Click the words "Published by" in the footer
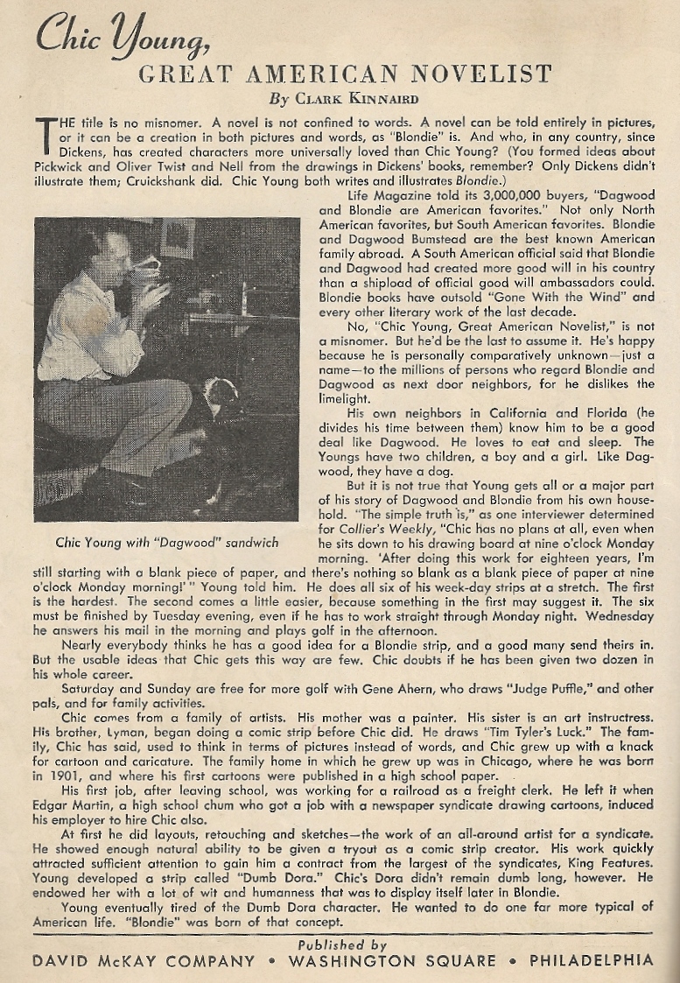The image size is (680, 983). coord(342,944)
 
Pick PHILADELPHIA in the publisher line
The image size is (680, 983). coord(591,960)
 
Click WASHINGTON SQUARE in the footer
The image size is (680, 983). coord(392,960)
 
